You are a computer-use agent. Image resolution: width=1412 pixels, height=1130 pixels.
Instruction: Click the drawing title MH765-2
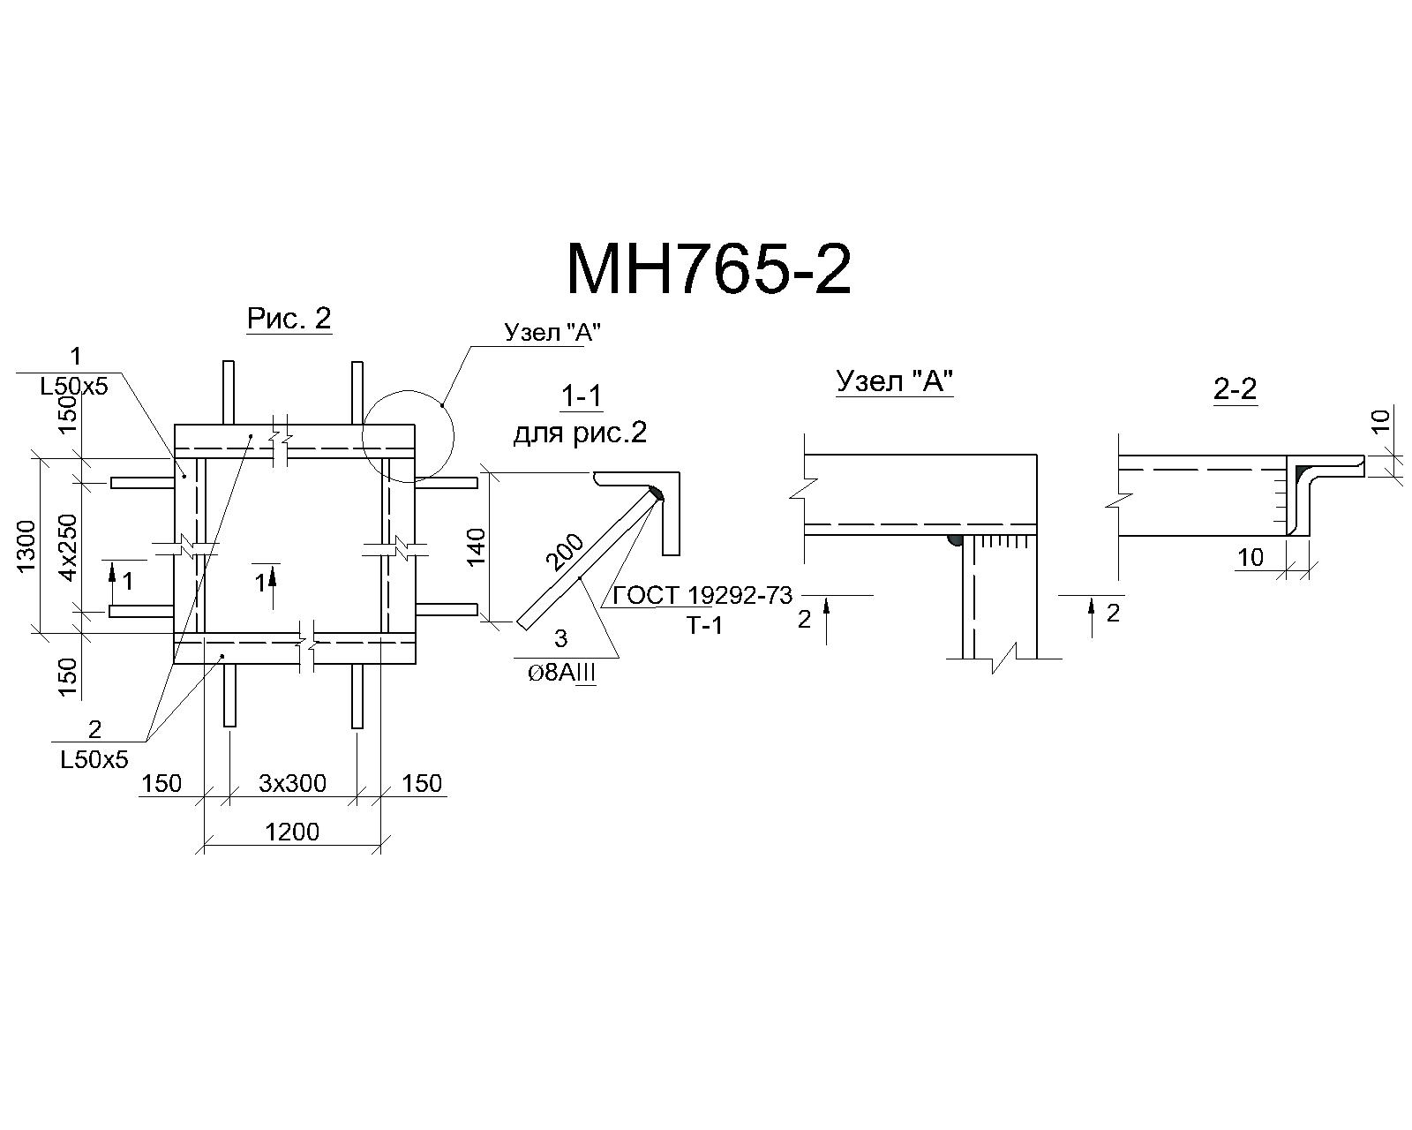[x=709, y=268]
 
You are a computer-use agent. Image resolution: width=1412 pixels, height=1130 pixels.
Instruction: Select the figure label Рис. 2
[x=289, y=319]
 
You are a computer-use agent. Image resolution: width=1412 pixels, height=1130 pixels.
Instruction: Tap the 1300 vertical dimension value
[x=26, y=546]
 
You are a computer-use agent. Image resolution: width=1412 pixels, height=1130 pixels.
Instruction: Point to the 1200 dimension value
[x=292, y=832]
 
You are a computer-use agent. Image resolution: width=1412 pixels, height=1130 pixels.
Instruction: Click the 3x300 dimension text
[x=293, y=783]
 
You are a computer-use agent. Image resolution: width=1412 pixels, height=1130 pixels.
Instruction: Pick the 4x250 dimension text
[x=68, y=546]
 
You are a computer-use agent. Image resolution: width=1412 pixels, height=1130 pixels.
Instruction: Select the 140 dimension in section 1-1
[x=475, y=546]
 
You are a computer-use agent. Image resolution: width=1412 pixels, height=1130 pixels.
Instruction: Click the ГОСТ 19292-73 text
[x=702, y=596]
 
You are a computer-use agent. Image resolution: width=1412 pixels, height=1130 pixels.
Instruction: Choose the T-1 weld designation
[x=705, y=626]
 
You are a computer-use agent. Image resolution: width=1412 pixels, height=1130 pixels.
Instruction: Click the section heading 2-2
[x=1235, y=389]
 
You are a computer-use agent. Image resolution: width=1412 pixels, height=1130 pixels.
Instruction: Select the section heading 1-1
[x=582, y=395]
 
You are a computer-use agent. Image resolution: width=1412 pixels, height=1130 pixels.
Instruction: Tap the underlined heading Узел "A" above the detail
[x=894, y=380]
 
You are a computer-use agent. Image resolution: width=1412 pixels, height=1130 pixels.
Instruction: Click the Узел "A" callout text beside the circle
[x=552, y=332]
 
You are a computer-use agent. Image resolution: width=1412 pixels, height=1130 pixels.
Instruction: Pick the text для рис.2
[x=580, y=433]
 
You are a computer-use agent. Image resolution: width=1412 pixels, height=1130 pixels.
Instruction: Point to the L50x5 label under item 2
[x=94, y=760]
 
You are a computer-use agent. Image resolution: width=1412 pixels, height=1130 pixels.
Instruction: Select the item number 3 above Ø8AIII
[x=561, y=638]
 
